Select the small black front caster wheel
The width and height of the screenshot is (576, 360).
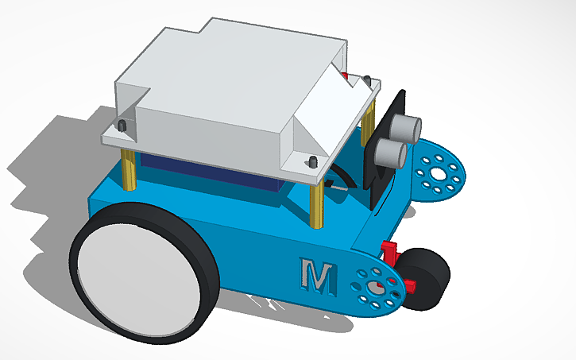pos(427,280)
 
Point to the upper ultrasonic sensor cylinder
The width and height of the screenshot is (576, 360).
pos(407,126)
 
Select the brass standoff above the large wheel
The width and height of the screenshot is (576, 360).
pos(129,169)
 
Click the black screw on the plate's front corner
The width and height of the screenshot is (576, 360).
pos(313,162)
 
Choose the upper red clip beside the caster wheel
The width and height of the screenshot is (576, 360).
pos(389,253)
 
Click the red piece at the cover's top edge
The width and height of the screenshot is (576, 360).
pos(345,76)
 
